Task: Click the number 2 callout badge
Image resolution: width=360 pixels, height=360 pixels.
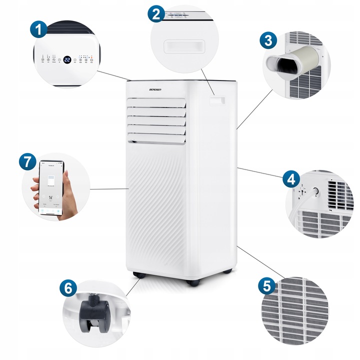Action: coord(156,13)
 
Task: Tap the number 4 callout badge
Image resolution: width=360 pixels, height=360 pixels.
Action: coord(291,179)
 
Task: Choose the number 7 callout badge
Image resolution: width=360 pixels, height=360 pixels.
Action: coord(27,162)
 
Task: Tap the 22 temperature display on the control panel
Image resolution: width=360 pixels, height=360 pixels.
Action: coord(66,59)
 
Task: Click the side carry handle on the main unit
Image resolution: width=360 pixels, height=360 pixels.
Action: coord(217,101)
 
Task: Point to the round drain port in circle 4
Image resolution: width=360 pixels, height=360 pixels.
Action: coord(315,191)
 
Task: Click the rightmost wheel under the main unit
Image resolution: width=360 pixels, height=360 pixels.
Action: coord(228,270)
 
